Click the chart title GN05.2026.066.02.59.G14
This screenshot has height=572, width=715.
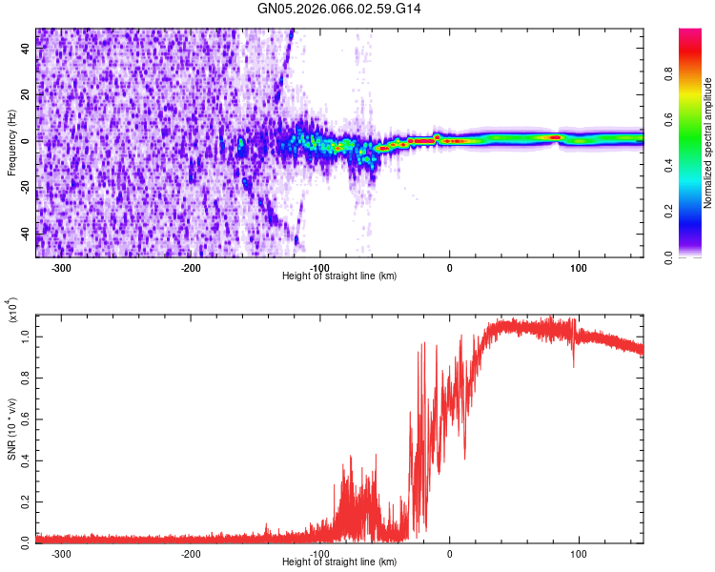tap(339, 9)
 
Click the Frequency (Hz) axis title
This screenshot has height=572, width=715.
tap(11, 143)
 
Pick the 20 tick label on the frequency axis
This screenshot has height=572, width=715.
tap(25, 94)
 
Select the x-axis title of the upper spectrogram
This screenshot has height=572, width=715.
tap(339, 276)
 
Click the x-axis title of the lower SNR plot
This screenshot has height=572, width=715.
tap(339, 562)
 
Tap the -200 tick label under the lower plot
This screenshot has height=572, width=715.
tap(191, 553)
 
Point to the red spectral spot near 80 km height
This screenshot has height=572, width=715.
tap(554, 137)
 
